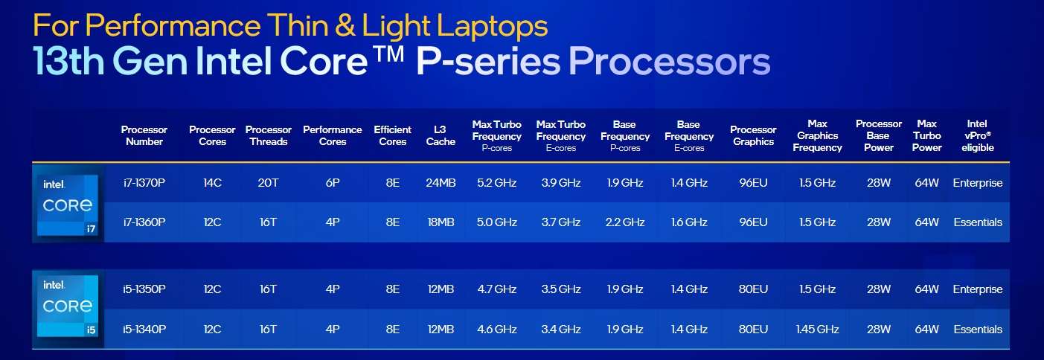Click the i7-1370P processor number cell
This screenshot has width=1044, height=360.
tap(144, 182)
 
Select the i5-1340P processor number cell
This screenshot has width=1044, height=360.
tap(144, 330)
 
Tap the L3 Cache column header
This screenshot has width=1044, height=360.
tap(441, 135)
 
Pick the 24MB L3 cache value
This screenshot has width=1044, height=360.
tap(441, 182)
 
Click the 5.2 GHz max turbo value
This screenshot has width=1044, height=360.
tap(496, 182)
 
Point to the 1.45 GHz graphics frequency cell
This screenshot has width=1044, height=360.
tap(817, 330)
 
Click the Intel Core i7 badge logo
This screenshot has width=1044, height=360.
tap(68, 205)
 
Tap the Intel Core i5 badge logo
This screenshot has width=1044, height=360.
tap(68, 306)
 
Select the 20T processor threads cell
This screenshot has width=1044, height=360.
tap(268, 182)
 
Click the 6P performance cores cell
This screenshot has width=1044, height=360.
tap(333, 182)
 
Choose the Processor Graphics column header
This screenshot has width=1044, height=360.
tap(753, 135)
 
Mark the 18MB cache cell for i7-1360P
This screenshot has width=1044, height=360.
tap(441, 222)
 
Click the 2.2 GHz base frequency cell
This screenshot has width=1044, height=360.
tap(624, 222)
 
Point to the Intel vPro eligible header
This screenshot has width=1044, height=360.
tap(977, 135)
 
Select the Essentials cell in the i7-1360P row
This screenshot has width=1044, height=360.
tap(978, 222)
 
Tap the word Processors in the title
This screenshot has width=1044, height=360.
tap(669, 61)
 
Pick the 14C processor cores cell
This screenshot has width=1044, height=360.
tap(212, 182)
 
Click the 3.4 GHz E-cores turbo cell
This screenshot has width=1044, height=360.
tap(560, 330)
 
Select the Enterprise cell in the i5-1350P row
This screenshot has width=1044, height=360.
tap(977, 289)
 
